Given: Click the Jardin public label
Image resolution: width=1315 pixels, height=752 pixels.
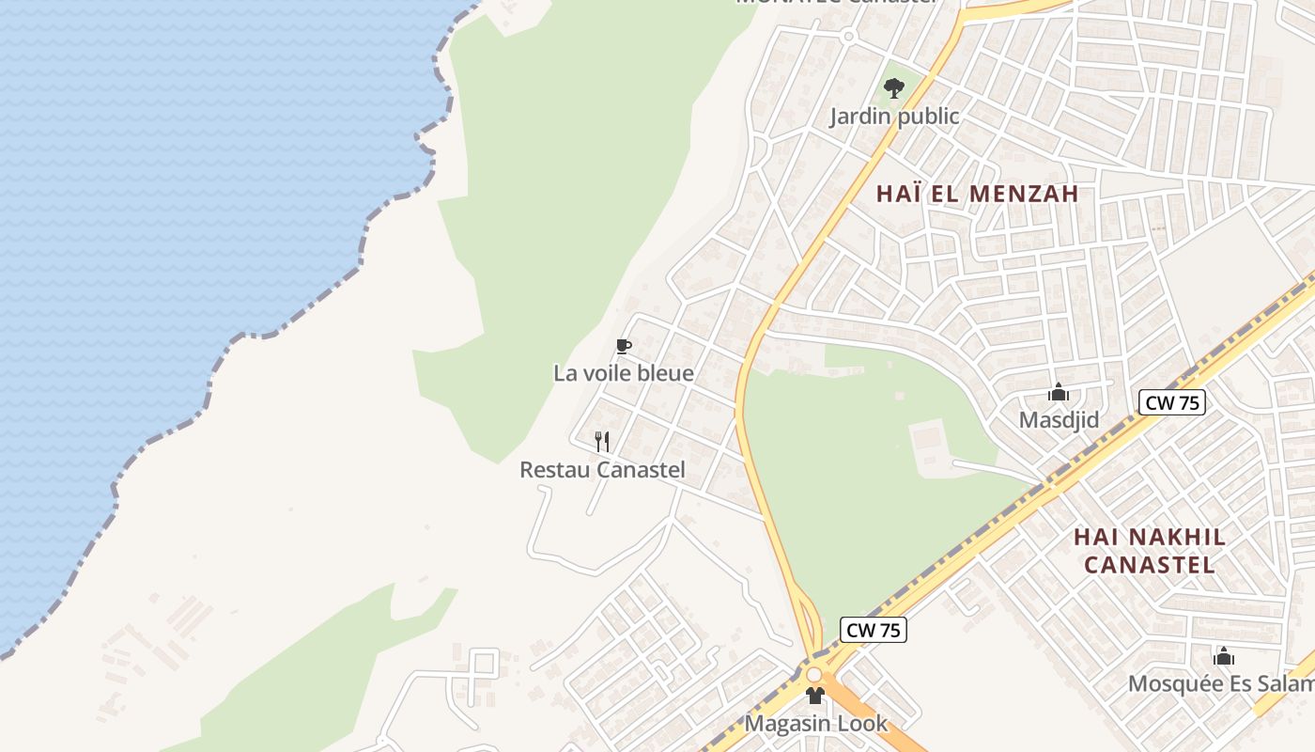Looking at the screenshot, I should click(x=894, y=117).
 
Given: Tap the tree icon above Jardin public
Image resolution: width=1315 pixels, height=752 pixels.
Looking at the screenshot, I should click(x=894, y=89).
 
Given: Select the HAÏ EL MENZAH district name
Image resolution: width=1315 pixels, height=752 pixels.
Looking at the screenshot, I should click(x=977, y=195).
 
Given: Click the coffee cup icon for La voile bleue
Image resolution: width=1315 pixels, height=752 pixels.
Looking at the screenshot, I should click(x=623, y=347).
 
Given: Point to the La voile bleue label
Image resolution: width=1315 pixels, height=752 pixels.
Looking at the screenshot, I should click(x=624, y=373).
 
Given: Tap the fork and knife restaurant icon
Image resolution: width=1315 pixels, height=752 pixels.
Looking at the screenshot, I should click(x=602, y=441).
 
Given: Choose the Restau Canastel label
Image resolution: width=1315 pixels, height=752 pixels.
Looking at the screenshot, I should click(x=602, y=470).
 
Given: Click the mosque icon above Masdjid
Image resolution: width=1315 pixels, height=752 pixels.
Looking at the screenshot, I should click(x=1059, y=392).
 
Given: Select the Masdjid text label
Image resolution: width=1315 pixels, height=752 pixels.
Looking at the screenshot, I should click(x=1059, y=420).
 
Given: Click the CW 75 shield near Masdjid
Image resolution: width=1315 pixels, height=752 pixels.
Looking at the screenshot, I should click(x=1172, y=403).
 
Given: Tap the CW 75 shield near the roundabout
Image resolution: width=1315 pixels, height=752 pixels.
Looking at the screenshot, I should click(x=874, y=631).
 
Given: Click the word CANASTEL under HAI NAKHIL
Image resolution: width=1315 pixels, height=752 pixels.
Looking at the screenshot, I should click(x=1149, y=565).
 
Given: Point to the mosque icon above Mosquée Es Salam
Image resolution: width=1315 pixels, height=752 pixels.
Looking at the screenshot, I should click(x=1223, y=656).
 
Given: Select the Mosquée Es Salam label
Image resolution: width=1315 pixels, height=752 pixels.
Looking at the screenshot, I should click(x=1221, y=683).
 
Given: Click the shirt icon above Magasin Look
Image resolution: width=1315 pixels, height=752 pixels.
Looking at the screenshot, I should click(x=815, y=697).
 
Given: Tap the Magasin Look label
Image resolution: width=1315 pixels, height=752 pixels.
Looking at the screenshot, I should click(x=815, y=724).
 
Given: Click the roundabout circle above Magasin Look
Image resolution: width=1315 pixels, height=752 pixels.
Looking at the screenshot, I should click(x=813, y=675).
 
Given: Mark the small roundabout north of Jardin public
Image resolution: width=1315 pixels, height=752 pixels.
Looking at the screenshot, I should click(x=848, y=37).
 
